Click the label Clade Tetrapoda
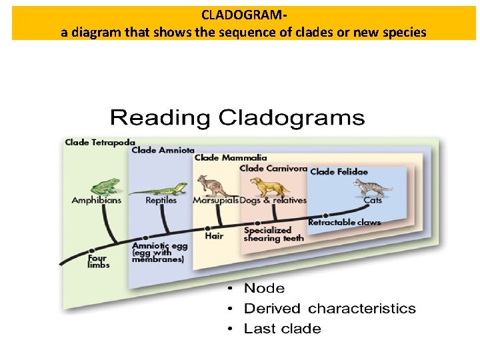100,142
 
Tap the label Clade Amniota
163,150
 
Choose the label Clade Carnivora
273,168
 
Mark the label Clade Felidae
339,172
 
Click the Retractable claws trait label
344,222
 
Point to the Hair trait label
213,235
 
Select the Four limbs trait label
99,261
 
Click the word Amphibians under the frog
97,200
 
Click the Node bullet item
264,289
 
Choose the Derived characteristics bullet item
329,309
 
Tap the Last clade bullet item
282,329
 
